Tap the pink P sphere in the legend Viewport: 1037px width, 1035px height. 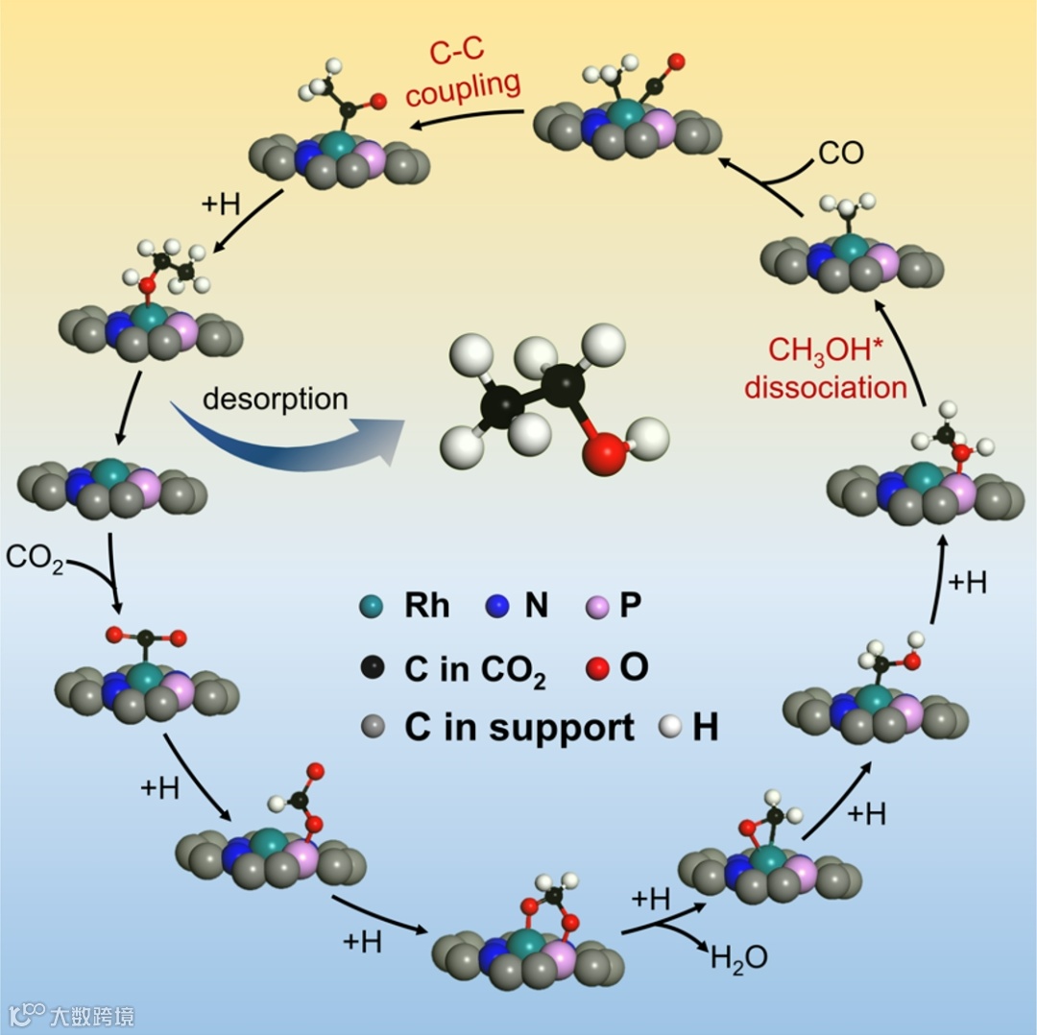coord(596,607)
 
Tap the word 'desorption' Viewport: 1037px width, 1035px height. coord(276,397)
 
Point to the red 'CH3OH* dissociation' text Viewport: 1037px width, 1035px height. coord(825,369)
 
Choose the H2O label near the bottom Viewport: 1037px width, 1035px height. coord(738,956)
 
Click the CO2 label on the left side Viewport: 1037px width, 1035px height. coord(35,557)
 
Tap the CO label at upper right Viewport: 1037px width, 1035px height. coord(841,153)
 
